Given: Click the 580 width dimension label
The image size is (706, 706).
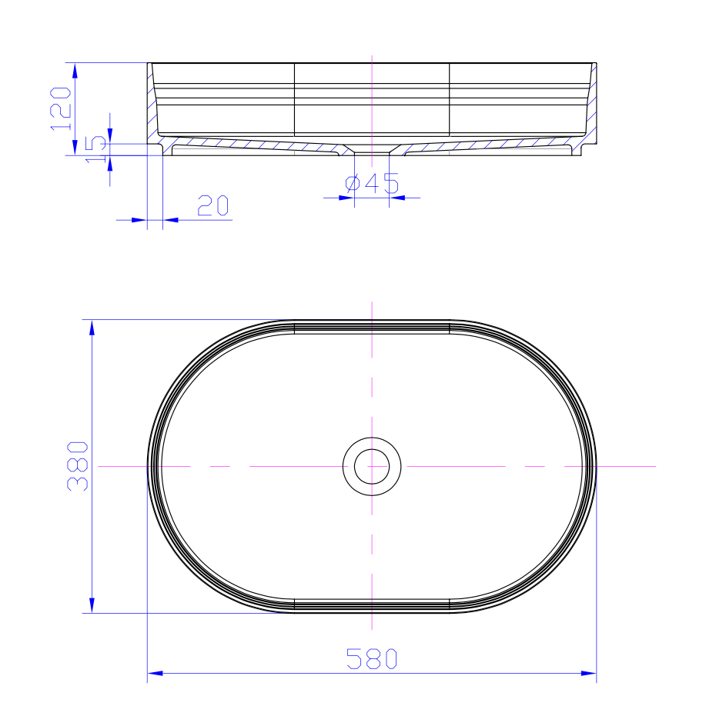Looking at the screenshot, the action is [372, 659].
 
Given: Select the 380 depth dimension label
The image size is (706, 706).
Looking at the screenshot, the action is [78, 466].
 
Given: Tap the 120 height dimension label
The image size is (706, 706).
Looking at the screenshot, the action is [60, 108].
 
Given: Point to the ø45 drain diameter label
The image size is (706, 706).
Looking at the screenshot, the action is [372, 183].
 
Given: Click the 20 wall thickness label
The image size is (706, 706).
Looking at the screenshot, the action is [212, 205].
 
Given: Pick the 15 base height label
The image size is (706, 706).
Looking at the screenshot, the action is [95, 149].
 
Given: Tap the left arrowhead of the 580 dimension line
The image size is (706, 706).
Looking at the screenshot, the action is [155, 674].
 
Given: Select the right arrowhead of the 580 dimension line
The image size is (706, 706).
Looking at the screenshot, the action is [589, 674].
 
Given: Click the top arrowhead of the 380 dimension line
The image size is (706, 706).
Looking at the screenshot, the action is [92, 328].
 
